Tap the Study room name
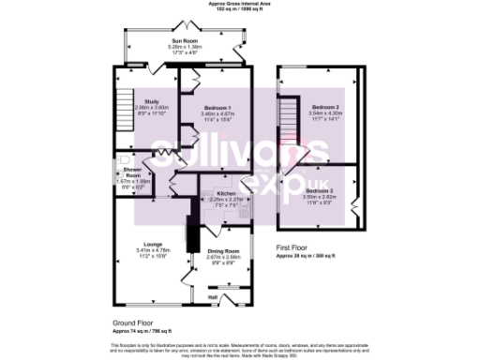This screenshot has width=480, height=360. tap(151, 101)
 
